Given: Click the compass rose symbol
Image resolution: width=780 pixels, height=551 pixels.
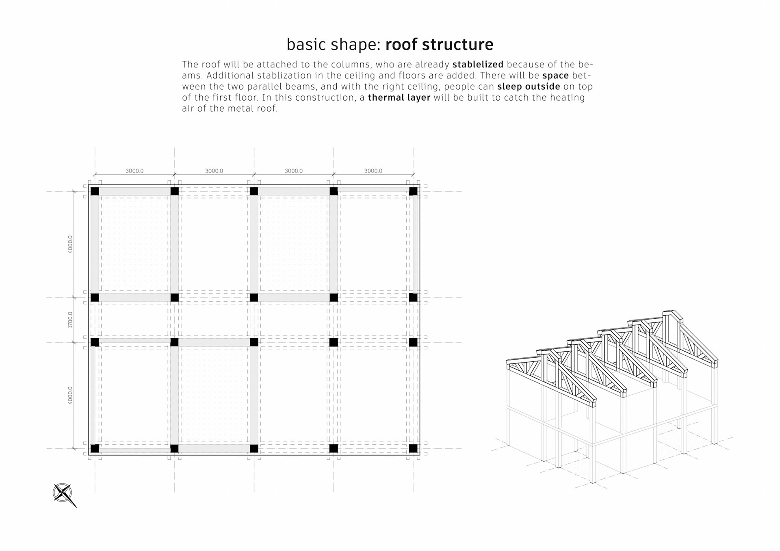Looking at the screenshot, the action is (63, 493).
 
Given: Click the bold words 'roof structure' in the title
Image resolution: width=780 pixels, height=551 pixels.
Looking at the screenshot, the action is (439, 44).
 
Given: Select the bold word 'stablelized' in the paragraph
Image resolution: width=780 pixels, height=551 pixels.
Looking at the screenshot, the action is (478, 65).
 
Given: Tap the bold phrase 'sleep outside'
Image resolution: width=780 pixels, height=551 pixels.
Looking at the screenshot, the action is (529, 86).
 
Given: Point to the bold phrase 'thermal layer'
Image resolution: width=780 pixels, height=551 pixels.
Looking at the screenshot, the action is (399, 97).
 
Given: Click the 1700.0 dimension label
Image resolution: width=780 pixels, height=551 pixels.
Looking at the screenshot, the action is (70, 320).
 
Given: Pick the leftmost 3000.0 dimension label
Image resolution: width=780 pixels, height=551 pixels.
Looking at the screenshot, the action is (134, 171).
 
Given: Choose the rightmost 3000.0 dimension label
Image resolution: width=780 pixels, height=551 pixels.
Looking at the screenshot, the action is (373, 171).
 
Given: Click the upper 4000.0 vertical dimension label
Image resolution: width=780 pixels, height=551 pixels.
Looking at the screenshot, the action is (70, 244).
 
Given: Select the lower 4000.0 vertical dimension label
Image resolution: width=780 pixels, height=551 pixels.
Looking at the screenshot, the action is (70, 395).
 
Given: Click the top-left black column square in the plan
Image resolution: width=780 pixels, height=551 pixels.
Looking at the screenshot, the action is (95, 191).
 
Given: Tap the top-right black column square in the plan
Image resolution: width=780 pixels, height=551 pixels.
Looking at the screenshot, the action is (413, 191).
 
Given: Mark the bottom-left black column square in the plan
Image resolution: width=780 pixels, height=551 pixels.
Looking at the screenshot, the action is (95, 448).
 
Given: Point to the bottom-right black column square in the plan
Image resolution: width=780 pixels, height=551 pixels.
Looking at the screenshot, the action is (413, 448).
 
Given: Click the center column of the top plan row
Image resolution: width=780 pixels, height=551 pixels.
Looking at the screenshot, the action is (254, 191).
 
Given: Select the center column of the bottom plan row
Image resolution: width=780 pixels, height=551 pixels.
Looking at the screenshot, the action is (254, 448).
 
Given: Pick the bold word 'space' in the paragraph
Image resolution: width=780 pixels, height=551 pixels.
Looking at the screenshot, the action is (555, 76).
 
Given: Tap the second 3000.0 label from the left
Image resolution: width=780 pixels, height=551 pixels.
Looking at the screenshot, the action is (214, 171).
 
